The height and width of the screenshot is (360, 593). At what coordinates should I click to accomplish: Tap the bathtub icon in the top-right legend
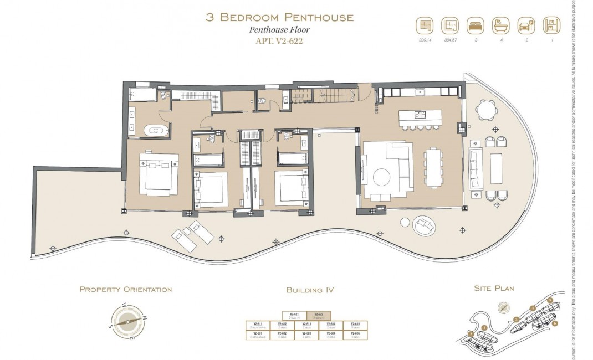[499, 26]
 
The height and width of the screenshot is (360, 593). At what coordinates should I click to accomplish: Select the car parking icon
[525, 26]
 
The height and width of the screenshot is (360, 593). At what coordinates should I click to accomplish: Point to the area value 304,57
[449, 40]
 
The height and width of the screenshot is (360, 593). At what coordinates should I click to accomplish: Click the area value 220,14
[424, 40]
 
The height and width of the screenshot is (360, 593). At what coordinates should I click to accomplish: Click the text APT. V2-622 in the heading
[279, 40]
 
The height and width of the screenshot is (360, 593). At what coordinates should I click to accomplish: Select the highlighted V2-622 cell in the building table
[319, 315]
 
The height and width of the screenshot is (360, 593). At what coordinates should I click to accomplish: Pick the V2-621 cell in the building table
[294, 315]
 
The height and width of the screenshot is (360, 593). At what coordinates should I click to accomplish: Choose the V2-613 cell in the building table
[306, 325]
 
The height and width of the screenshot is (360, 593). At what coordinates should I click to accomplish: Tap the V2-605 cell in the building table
[355, 335]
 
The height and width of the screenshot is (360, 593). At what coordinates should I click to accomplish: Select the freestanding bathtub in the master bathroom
[155, 131]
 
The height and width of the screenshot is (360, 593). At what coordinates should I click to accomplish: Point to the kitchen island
[420, 116]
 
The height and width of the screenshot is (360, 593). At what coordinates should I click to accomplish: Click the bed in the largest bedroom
[159, 173]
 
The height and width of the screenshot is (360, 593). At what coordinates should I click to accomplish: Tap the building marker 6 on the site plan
[554, 323]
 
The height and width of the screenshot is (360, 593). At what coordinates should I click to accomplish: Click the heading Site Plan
[494, 289]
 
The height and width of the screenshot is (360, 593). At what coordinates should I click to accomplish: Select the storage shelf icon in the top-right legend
[550, 26]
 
